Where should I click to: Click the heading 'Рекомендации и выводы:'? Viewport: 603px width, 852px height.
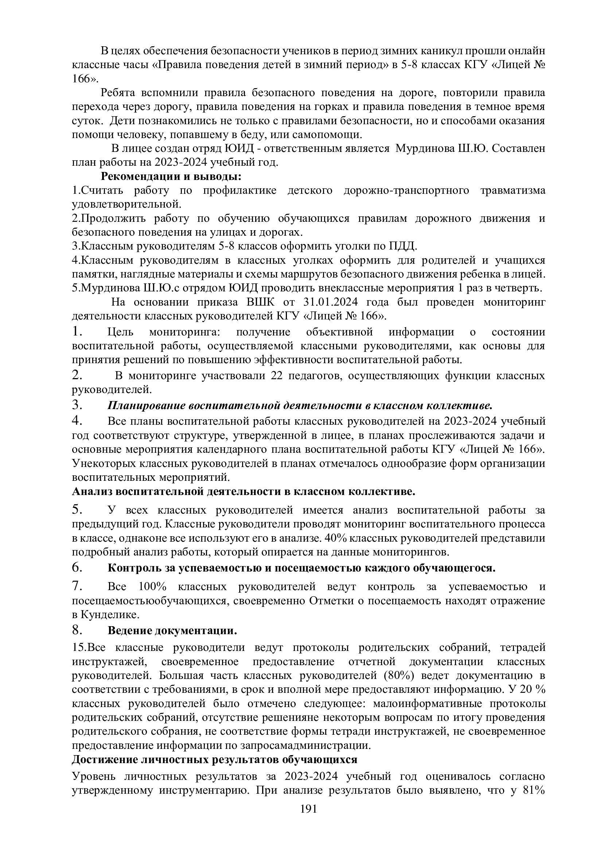[171, 176]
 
